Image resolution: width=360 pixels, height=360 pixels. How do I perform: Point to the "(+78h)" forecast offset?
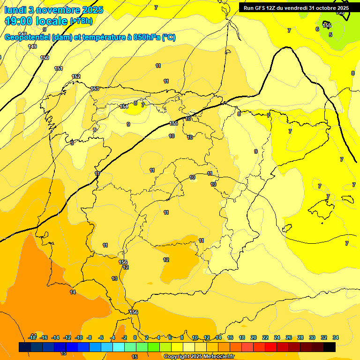click(x=81, y=21)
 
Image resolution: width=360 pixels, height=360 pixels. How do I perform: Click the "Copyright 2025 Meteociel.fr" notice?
click(x=199, y=357)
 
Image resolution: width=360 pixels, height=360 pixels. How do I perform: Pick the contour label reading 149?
click(x=32, y=46)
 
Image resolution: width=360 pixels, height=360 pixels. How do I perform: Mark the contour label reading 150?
click(x=45, y=58)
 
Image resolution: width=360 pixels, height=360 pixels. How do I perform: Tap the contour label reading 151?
click(x=59, y=69)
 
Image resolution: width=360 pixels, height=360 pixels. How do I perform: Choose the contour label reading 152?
click(x=76, y=76)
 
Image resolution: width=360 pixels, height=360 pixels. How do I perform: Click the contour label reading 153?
click(x=95, y=89)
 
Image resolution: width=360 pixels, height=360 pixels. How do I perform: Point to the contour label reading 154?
click(x=124, y=107)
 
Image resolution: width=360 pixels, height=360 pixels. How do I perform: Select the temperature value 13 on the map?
click(x=114, y=278)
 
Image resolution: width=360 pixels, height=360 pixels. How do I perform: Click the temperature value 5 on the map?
click(x=330, y=35)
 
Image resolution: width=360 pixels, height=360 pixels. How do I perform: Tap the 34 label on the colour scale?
click(x=336, y=337)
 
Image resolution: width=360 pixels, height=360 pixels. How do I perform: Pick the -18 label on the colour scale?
click(x=32, y=337)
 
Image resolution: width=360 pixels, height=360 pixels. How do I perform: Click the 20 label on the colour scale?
click(x=254, y=337)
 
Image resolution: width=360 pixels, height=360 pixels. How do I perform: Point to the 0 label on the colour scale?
click(x=135, y=337)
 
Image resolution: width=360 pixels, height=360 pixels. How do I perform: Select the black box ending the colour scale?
click(x=330, y=347)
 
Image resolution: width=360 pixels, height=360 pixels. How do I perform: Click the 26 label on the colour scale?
click(x=289, y=337)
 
